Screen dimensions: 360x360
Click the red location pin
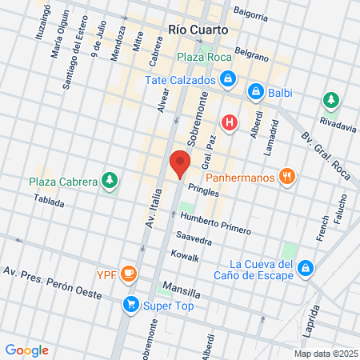pos(179,162)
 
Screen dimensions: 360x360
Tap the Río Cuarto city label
pos(198,29)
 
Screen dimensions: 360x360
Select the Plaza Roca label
pos(204,57)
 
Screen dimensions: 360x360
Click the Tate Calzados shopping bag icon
pos(229,79)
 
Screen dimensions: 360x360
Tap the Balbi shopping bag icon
pos(254,91)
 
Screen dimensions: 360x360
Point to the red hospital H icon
pos(230,122)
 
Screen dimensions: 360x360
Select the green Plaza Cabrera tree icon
pos(109,181)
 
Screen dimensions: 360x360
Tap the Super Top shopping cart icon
pos(130,305)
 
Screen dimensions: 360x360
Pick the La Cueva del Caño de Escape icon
pos(305,266)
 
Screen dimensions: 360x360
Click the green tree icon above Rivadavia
pos(330,100)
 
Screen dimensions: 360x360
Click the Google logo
pos(26,350)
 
